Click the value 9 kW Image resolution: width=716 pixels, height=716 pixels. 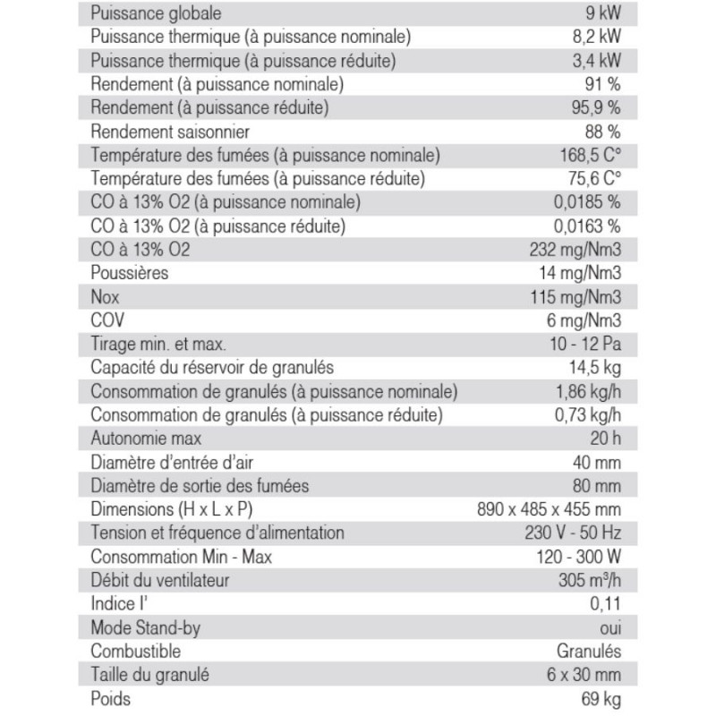point(600,14)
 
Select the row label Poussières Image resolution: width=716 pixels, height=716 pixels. point(130,272)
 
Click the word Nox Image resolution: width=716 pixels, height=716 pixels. point(106,296)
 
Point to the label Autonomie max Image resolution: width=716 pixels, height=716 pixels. point(146,439)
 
